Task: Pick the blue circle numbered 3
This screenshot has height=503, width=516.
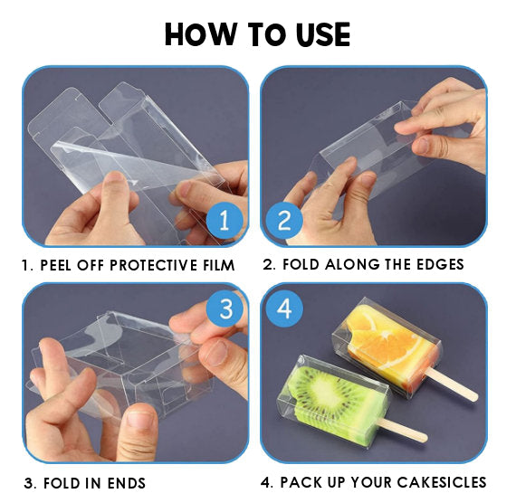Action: pos(225,308)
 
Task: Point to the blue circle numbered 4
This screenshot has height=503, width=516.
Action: pos(284,308)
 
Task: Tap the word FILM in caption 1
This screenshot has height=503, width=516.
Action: pos(215,265)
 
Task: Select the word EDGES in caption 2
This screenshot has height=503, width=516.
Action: pos(438,264)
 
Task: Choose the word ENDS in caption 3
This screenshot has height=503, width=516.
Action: pos(125,483)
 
